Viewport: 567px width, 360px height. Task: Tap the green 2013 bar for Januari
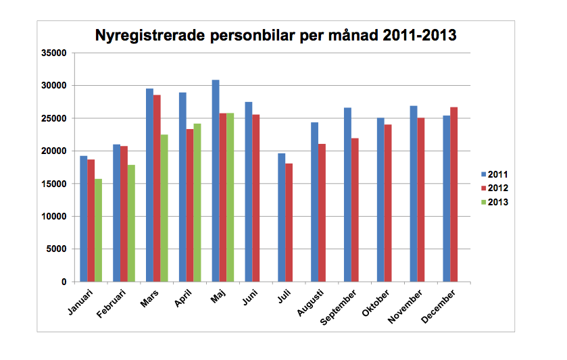point(99,230)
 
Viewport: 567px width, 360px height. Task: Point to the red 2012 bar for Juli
point(289,222)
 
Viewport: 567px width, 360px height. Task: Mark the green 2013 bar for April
point(197,203)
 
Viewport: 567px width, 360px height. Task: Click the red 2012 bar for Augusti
point(322,213)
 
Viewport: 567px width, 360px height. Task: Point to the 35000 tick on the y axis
point(53,53)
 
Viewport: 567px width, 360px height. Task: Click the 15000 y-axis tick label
point(53,184)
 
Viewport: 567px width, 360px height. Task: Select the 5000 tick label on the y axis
point(56,249)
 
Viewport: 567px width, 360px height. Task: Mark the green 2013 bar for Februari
point(131,224)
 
